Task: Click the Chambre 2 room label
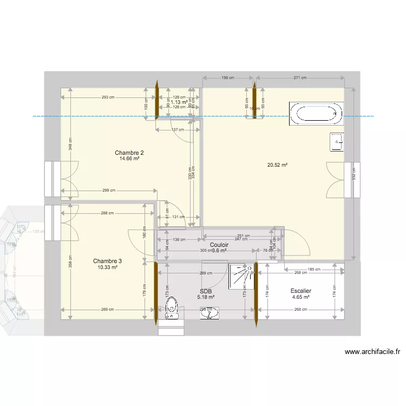coord(129,153)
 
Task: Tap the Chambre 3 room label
coord(107,261)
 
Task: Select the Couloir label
coord(219,245)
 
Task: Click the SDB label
coord(206,291)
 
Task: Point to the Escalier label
coord(300,291)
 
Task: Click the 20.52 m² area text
coord(276,165)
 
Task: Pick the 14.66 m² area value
coord(129,159)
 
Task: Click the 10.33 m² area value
coord(107,267)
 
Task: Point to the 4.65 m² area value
coord(300,297)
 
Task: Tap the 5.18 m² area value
coord(206,297)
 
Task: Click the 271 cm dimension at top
coord(301,78)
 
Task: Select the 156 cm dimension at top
coord(228,78)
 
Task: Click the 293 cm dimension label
coord(108,97)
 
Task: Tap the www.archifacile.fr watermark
coord(372,352)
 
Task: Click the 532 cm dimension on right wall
coord(354,173)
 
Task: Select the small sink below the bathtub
coord(337,142)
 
